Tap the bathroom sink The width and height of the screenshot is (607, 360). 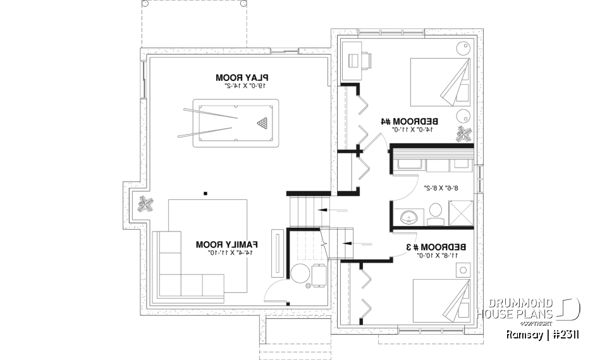click(x=408, y=217)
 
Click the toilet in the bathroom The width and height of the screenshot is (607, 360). click(x=435, y=212)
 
